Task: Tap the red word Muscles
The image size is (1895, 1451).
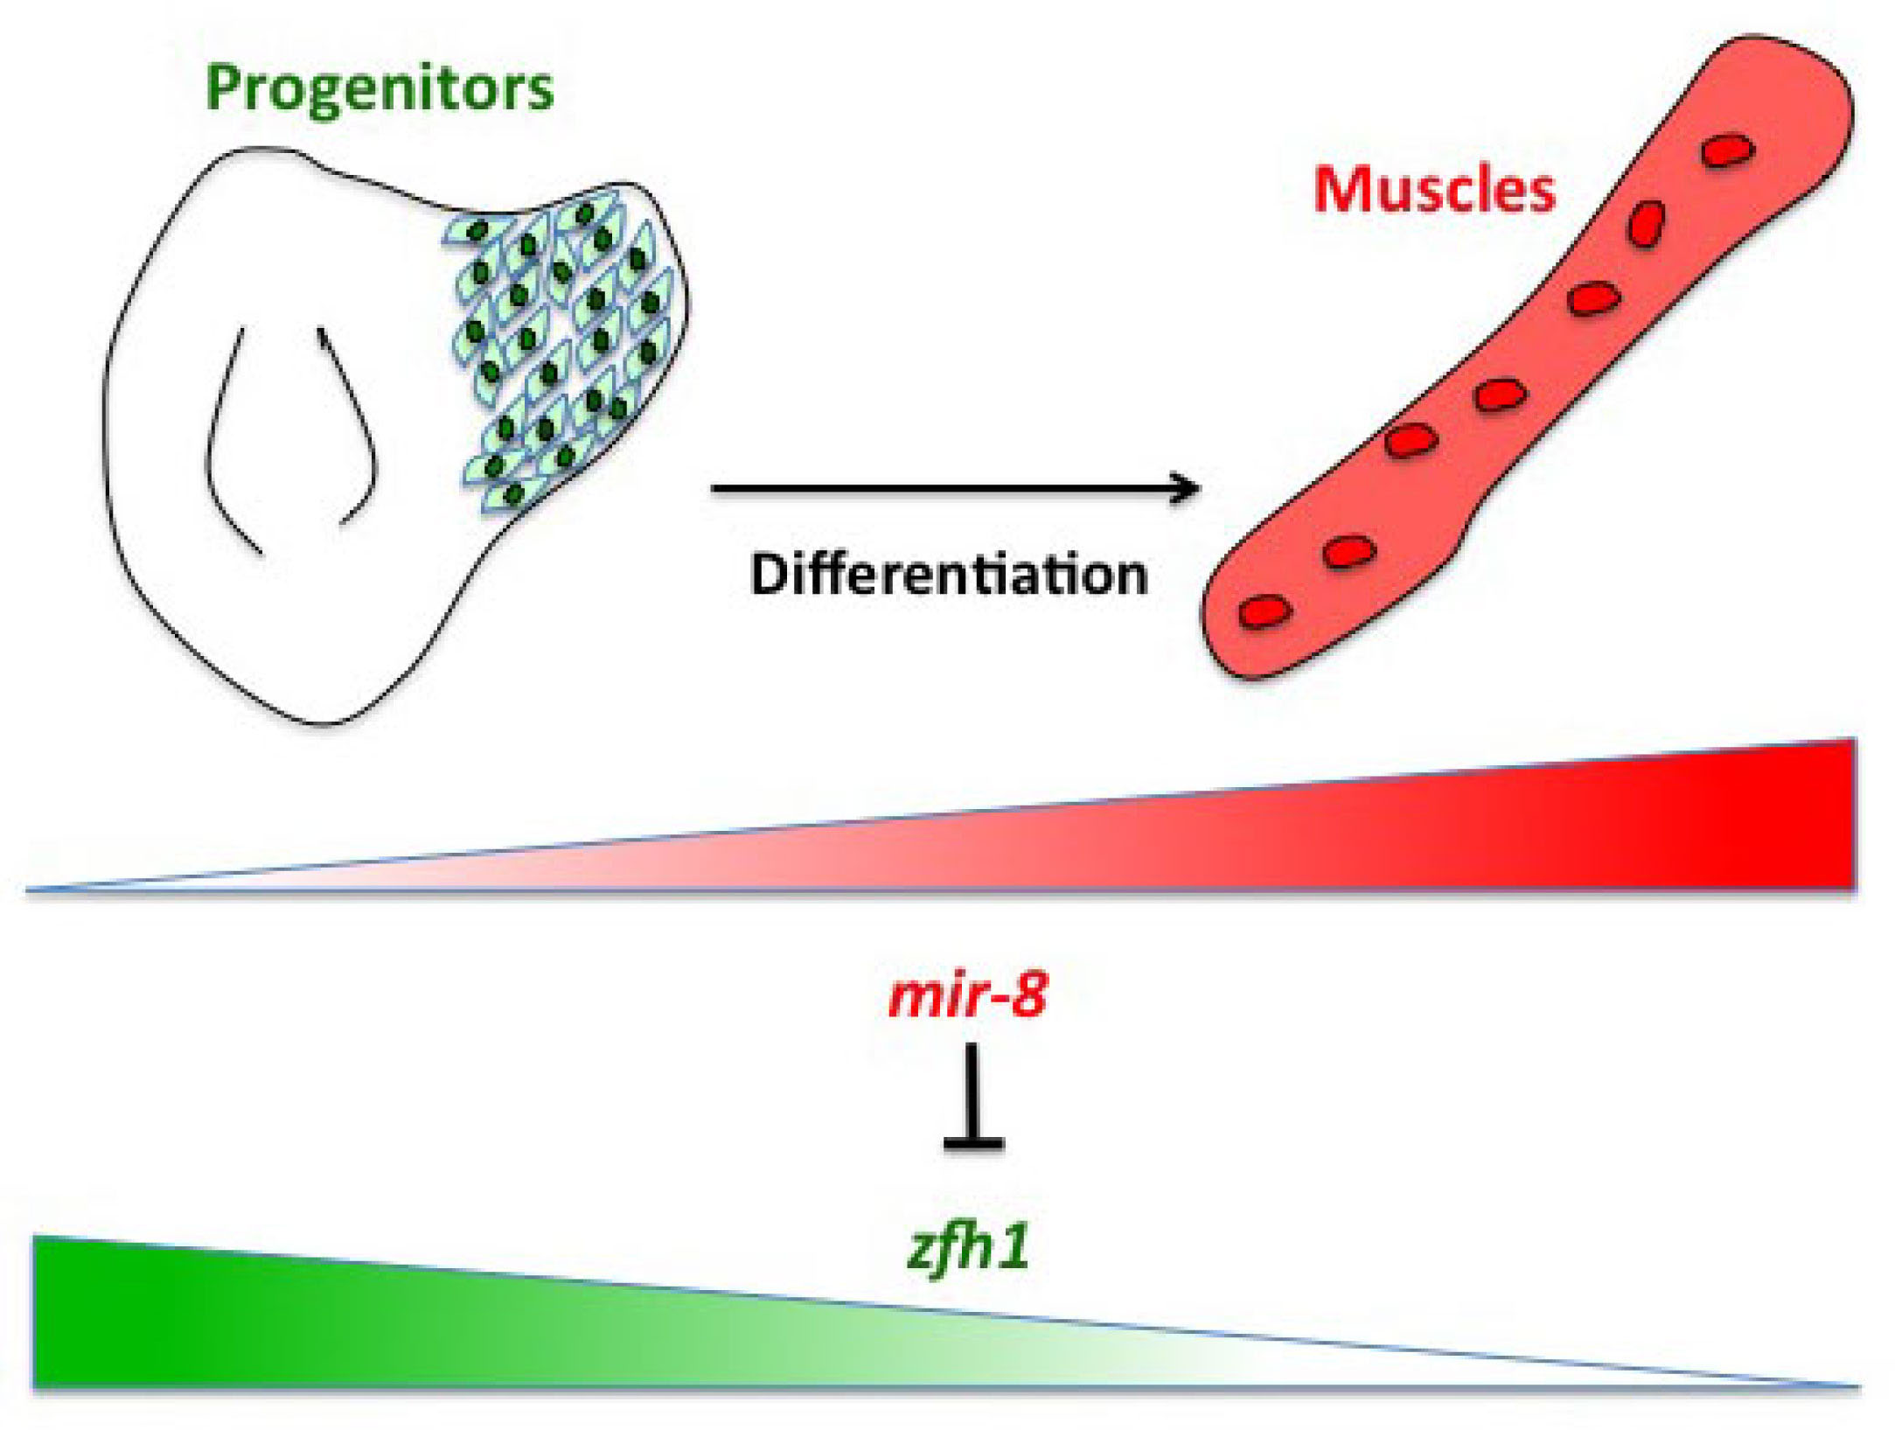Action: (1434, 190)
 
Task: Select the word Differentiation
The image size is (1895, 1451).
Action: (949, 575)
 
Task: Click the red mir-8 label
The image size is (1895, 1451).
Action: (967, 995)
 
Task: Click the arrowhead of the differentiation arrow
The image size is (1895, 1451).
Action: (1189, 489)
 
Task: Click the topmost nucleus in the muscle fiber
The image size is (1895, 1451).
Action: (1728, 150)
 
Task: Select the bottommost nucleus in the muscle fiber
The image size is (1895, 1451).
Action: (1265, 610)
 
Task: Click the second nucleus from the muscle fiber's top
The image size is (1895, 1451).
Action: (1646, 224)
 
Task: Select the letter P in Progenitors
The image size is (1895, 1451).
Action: (224, 88)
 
